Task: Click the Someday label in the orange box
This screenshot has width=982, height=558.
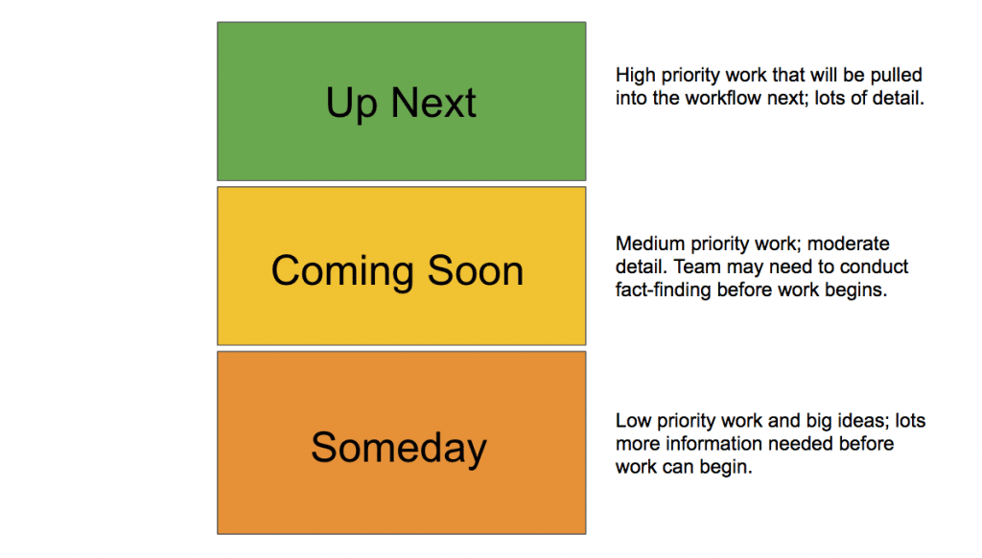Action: coord(399,449)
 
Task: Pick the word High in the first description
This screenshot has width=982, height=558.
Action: coord(634,75)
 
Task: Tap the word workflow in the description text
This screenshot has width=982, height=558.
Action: coord(718,98)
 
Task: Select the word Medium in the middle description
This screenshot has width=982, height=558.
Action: coord(646,244)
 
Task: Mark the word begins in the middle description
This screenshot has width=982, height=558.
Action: coord(855,290)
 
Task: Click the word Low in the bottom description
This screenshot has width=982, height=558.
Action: coord(631,421)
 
